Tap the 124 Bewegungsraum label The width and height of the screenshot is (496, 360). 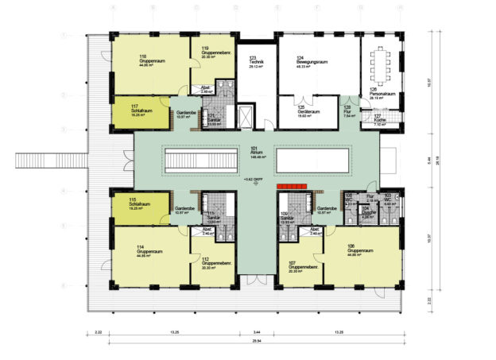(312, 62)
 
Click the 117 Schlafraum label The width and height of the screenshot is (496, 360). (141, 109)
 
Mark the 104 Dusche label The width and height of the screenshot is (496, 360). (367, 213)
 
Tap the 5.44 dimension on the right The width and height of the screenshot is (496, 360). (428, 159)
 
